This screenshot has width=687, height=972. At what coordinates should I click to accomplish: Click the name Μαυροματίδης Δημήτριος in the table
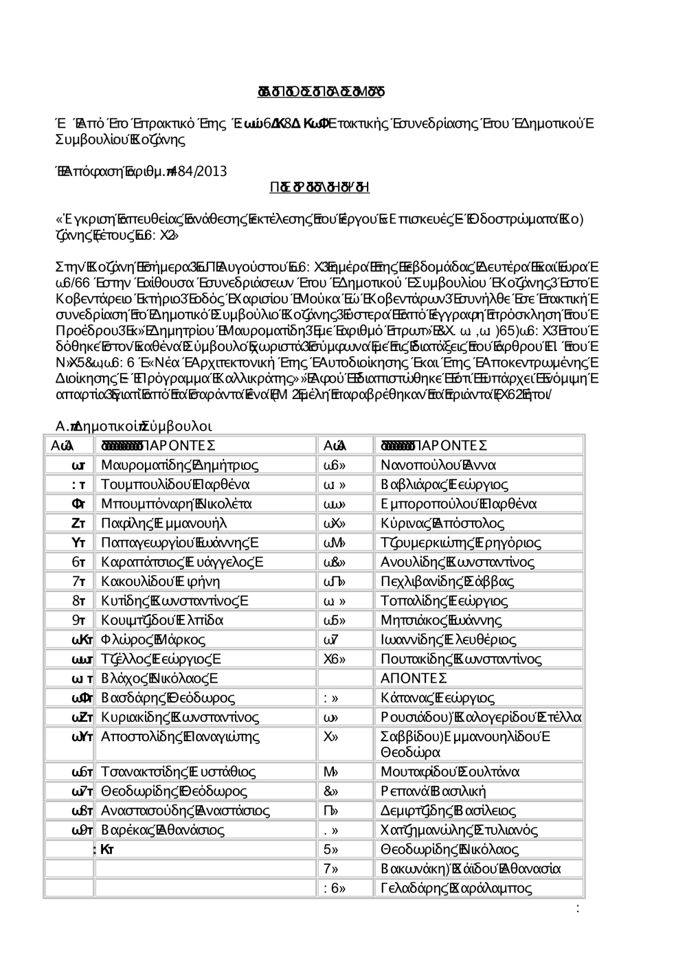(179, 465)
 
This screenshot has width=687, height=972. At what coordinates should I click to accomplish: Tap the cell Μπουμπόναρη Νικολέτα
(177, 504)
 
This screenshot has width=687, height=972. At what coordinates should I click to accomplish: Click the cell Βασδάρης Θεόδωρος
(168, 698)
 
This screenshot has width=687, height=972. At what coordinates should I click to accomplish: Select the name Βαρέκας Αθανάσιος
(162, 830)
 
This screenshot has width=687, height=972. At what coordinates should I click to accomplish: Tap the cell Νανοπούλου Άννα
(438, 465)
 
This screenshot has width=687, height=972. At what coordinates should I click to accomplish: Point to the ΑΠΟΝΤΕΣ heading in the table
(414, 679)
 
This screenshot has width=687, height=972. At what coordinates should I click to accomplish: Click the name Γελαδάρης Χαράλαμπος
(456, 888)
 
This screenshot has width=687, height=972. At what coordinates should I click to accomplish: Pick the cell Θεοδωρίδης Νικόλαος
(449, 849)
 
